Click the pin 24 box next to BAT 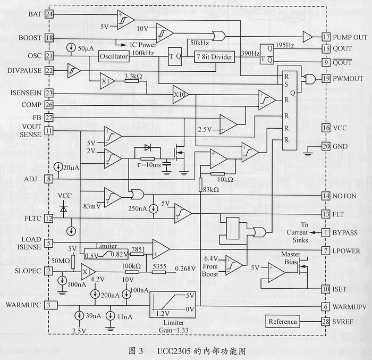[x=49, y=14]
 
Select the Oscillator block [x=114, y=56]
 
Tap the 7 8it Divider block [x=215, y=57]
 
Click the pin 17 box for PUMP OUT [x=326, y=37]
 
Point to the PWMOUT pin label [x=348, y=79]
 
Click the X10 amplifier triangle [x=181, y=95]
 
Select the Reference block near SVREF [x=283, y=322]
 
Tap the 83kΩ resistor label [x=211, y=189]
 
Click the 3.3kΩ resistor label [x=133, y=76]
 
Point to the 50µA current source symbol [x=71, y=47]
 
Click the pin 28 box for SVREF [x=325, y=322]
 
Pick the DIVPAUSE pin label [x=24, y=71]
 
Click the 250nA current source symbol [x=154, y=209]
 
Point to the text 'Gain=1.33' [x=173, y=330]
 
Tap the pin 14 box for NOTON [x=326, y=196]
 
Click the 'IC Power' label [x=143, y=45]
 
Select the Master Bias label [x=291, y=258]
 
